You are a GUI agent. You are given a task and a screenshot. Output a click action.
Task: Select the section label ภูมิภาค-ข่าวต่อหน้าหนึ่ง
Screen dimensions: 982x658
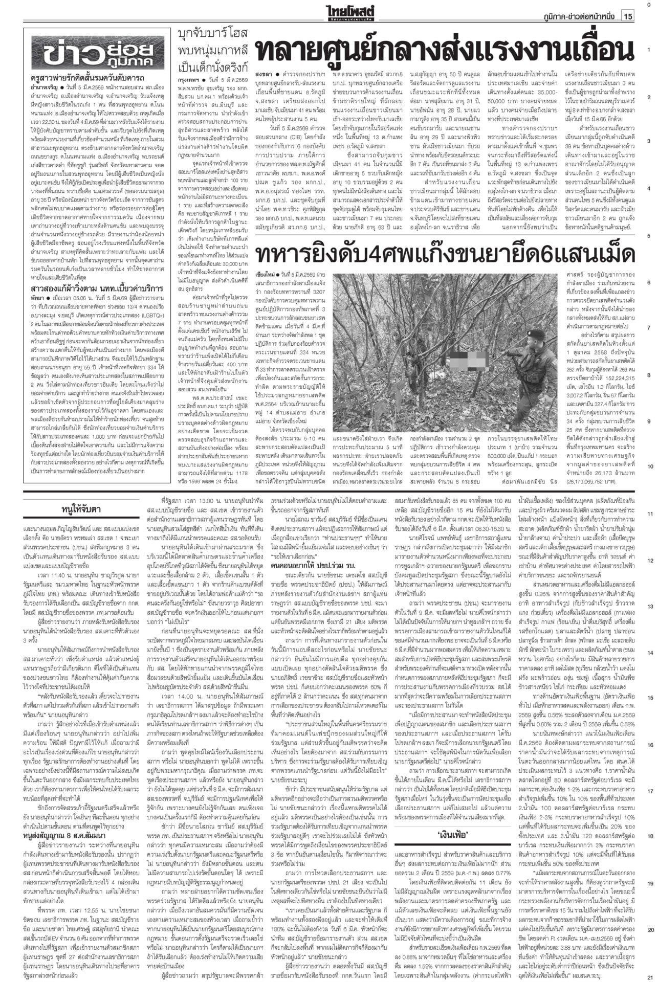point(580,17)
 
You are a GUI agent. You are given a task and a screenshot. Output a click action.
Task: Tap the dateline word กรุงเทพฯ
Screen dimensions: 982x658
point(188,81)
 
